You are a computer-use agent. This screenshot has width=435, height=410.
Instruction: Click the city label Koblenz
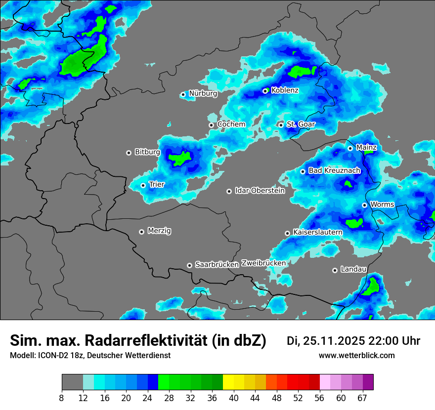285,90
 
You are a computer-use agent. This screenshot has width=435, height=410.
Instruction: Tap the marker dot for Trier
143,185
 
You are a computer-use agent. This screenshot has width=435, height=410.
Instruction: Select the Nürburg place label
203,93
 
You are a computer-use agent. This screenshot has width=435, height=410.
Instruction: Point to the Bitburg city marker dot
129,153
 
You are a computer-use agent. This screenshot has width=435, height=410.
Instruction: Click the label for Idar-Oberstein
260,191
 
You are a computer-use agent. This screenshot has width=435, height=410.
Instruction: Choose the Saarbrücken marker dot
189,265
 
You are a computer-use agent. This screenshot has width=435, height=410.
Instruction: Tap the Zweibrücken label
263,263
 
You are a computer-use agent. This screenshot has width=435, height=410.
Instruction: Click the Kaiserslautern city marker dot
287,233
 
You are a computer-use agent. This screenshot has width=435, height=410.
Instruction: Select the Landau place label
353,269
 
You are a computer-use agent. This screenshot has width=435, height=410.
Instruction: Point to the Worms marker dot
364,205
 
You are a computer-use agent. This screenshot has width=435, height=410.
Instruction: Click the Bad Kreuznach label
334,170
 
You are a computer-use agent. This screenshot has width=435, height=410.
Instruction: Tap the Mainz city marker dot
350,148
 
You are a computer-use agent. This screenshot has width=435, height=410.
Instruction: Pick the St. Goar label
301,124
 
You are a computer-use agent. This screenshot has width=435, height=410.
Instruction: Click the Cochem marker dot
212,125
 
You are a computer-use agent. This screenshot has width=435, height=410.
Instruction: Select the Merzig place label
160,231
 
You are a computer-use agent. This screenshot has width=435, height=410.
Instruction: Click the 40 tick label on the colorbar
234,398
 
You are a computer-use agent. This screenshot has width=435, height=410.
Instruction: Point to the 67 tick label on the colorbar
363,398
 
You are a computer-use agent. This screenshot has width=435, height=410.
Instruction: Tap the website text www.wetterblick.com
356,356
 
